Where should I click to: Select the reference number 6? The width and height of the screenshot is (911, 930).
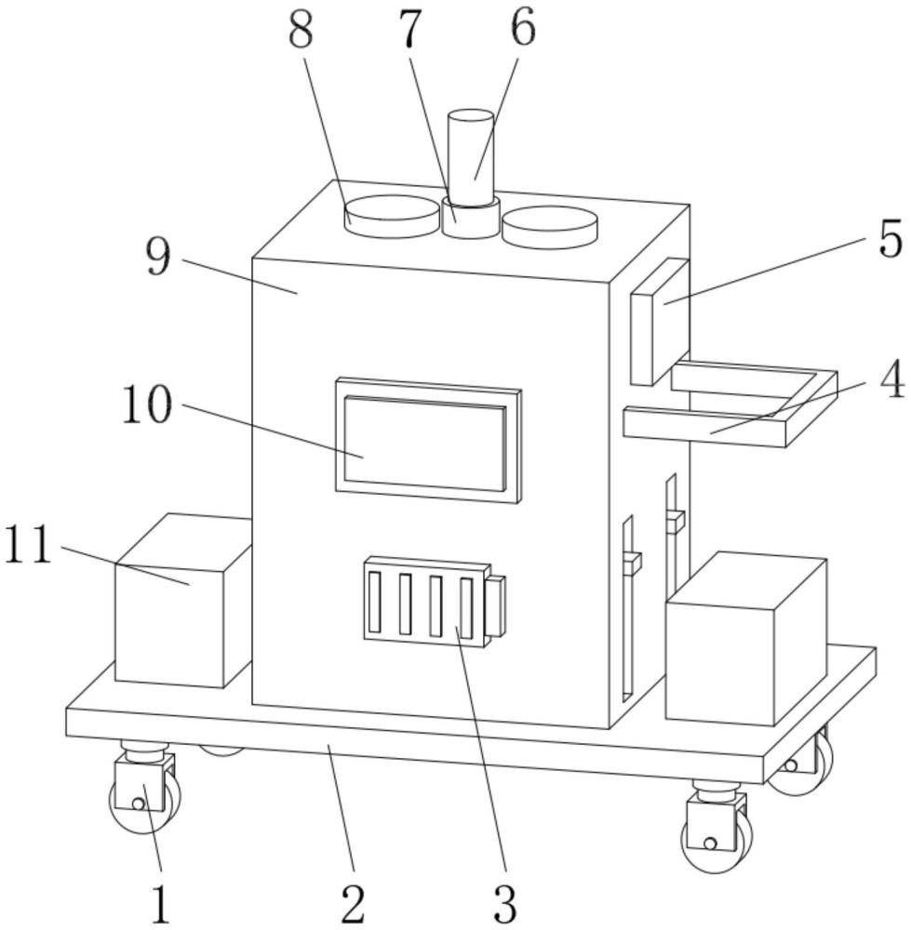pos(522,29)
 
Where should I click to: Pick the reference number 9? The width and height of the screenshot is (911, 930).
pos(159,256)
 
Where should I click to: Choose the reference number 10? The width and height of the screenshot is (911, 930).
pos(147,405)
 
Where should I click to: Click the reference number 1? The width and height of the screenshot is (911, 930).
pos(161,902)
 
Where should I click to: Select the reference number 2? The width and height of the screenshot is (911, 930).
pos(352,902)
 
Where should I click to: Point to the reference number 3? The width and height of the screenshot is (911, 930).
pos(502,902)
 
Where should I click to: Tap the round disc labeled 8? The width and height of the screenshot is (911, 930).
pos(390,215)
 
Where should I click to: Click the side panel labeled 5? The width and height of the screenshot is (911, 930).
pos(660,321)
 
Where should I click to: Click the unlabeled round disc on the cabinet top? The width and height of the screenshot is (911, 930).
pos(549,226)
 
